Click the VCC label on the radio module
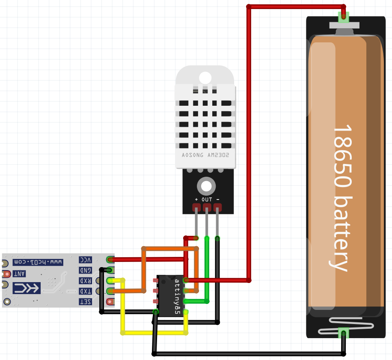pos(86,260)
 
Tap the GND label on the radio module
pos(86,271)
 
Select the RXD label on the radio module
pos(86,281)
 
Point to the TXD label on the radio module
pos(86,292)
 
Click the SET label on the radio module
pos(86,302)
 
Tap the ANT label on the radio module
pos(19,274)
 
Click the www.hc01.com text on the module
pos(39,261)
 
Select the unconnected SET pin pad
pos(110,302)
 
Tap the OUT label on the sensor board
pos(207,199)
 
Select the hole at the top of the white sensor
pos(205,77)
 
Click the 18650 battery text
pos(342,197)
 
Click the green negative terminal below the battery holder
pos(343,333)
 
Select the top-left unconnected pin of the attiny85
pos(156,281)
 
